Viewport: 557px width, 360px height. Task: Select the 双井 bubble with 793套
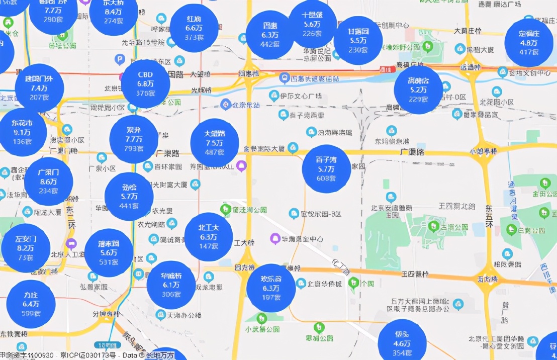tap(134, 139)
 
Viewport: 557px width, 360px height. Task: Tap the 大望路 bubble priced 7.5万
tap(215, 143)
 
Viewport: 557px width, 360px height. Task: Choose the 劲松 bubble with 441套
tap(129, 197)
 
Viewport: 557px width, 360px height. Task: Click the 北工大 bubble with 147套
tap(209, 237)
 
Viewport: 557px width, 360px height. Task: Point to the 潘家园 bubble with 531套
tap(109, 253)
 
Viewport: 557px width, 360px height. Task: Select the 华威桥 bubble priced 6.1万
tap(171, 285)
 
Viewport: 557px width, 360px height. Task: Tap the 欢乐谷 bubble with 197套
tap(270, 288)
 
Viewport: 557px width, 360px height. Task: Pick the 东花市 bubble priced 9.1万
tap(22, 132)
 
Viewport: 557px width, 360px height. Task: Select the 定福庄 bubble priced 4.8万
tap(529, 43)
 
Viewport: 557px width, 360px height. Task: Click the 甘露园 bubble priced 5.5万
tap(358, 40)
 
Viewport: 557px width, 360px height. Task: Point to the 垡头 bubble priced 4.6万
tap(402, 343)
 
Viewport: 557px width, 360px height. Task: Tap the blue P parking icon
tap(120, 60)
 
